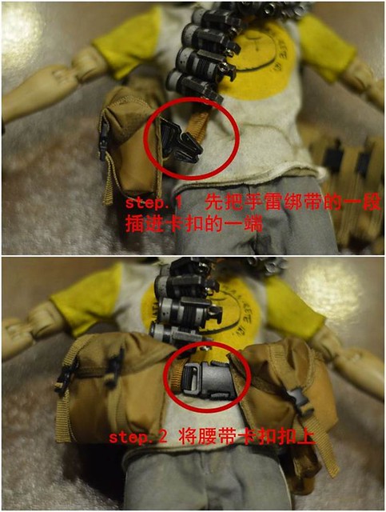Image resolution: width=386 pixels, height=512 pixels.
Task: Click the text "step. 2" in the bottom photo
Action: click(138, 437)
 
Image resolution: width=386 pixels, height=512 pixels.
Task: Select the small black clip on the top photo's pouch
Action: click(104, 141)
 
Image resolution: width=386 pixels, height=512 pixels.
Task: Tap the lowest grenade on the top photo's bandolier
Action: click(193, 86)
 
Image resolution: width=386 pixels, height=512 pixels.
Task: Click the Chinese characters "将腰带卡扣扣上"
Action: click(246, 437)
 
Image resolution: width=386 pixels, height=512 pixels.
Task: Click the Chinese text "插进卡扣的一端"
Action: click(193, 225)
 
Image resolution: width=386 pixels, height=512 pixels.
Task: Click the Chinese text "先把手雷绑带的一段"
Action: click(292, 204)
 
